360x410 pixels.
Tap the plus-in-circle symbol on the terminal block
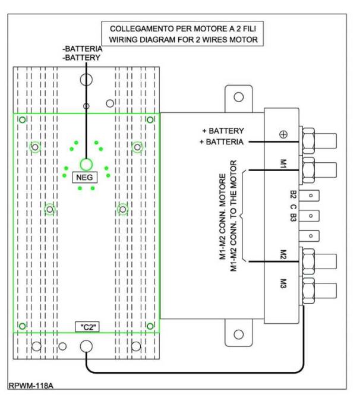(x=284, y=134)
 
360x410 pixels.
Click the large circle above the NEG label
(x=86, y=165)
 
